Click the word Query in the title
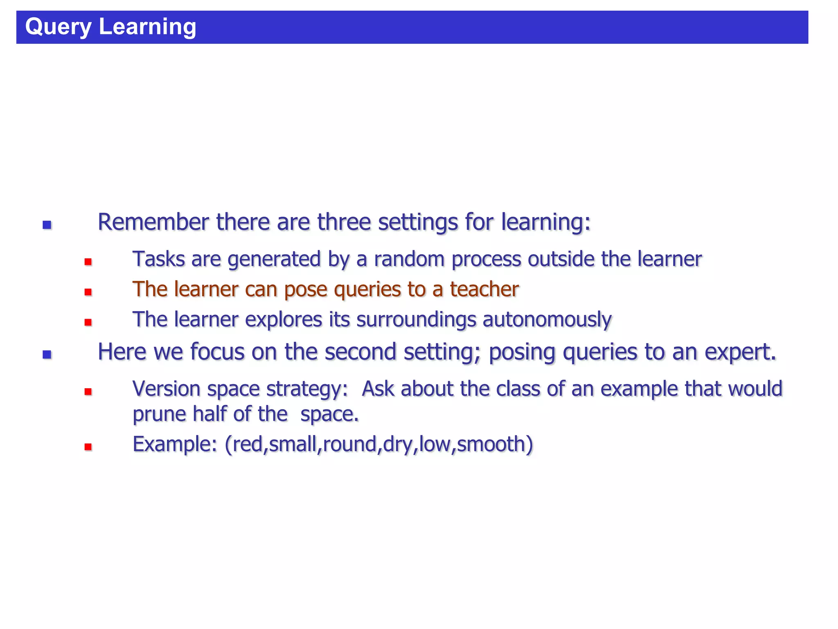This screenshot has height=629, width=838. click(59, 27)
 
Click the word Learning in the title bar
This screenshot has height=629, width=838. click(147, 27)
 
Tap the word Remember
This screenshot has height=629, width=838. click(153, 222)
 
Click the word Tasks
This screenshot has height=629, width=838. click(158, 259)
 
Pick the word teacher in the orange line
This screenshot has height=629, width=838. click(484, 289)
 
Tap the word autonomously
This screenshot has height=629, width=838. click(547, 320)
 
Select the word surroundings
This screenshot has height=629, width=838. click(416, 320)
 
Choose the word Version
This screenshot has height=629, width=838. click(167, 389)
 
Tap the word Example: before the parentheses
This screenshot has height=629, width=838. click(175, 444)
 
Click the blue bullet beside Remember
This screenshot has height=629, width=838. click(47, 224)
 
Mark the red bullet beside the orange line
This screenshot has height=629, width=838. click(88, 292)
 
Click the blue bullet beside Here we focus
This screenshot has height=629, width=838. click(47, 354)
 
